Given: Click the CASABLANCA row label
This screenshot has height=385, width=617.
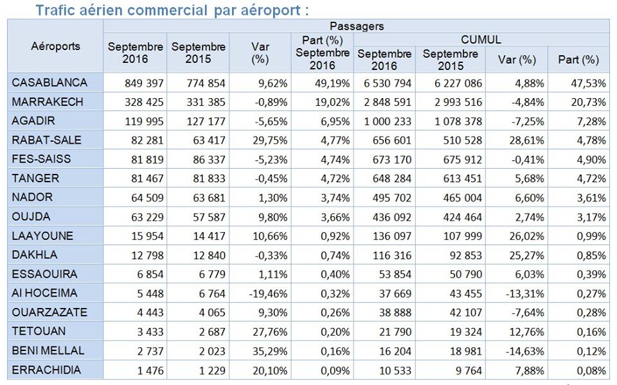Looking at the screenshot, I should pos(49,83).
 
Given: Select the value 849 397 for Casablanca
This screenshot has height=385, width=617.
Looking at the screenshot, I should pos(145,83).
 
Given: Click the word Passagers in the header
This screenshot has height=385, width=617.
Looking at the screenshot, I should pos(356,26).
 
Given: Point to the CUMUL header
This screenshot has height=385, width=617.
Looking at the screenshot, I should pos(481,40).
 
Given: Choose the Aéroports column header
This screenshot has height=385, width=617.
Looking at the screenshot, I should pos(55,46).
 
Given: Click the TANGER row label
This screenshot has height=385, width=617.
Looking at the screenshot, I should pos(35,178).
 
